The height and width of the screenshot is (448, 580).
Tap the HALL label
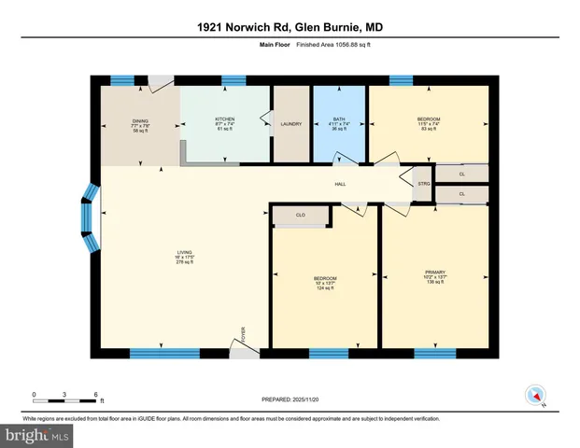click(x=341, y=184)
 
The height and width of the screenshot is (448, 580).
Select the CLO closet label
click(x=301, y=216)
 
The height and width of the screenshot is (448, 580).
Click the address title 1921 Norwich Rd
click(x=290, y=27)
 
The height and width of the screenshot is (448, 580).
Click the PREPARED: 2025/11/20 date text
click(x=290, y=399)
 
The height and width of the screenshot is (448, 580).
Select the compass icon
click(x=536, y=395)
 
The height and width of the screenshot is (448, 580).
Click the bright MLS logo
click(x=37, y=435)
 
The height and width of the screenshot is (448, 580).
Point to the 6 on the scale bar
click(x=96, y=395)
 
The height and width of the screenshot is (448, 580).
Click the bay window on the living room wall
click(x=90, y=217)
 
